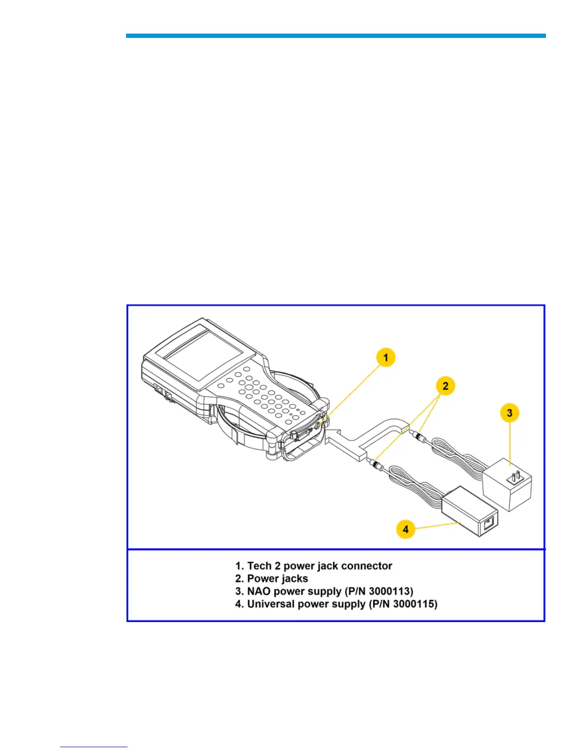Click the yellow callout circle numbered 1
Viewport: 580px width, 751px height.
[386, 357]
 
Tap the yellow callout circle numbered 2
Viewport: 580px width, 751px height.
[445, 385]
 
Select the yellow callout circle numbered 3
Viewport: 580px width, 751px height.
[509, 412]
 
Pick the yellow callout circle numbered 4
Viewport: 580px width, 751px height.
[406, 529]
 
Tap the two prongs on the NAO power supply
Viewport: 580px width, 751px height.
[515, 476]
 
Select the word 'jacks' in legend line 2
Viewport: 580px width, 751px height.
[293, 578]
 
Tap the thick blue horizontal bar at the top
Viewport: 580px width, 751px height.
[335, 36]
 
